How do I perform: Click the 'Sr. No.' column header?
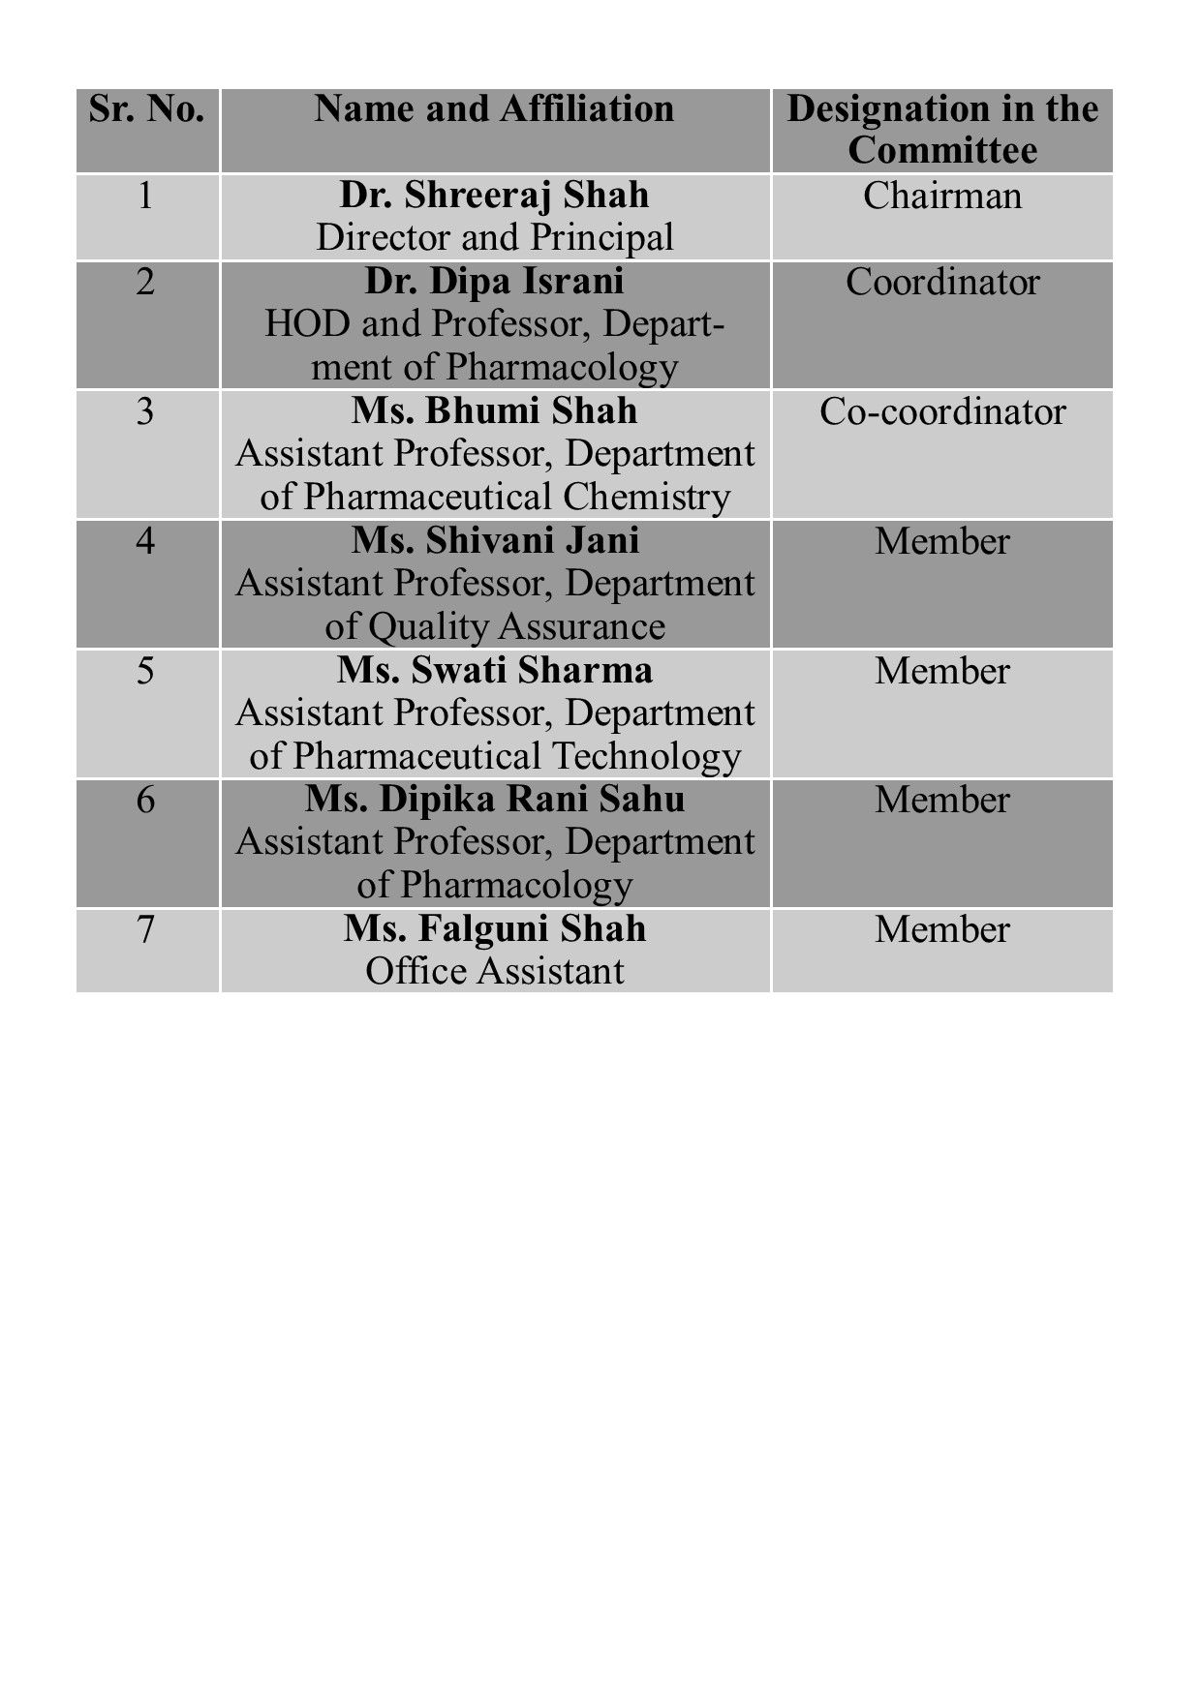[x=146, y=109]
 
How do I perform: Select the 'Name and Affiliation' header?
[x=494, y=109]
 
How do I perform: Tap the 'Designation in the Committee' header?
[x=941, y=130]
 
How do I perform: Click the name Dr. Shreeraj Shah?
[x=494, y=196]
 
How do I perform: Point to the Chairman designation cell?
[x=941, y=197]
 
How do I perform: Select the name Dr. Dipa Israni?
[x=494, y=282]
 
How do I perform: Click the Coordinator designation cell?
[x=941, y=283]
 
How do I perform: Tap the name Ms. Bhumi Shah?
[x=494, y=411]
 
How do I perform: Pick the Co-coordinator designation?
[x=941, y=412]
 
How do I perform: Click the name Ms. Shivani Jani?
[x=494, y=541]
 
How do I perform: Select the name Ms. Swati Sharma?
[x=494, y=670]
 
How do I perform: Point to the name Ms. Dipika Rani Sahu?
[x=494, y=800]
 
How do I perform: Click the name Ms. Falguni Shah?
[x=494, y=929]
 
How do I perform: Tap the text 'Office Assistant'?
[x=494, y=971]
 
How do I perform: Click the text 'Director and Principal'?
[x=494, y=238]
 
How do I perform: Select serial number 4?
[x=145, y=541]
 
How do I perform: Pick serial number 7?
[x=145, y=929]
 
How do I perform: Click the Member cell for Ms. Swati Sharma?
[x=941, y=671]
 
